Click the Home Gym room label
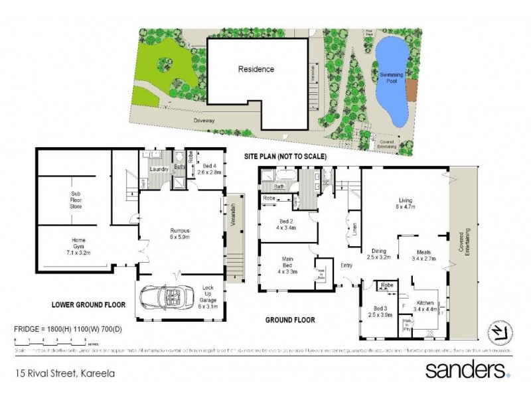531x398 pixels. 74,245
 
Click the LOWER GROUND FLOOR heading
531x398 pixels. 88,306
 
